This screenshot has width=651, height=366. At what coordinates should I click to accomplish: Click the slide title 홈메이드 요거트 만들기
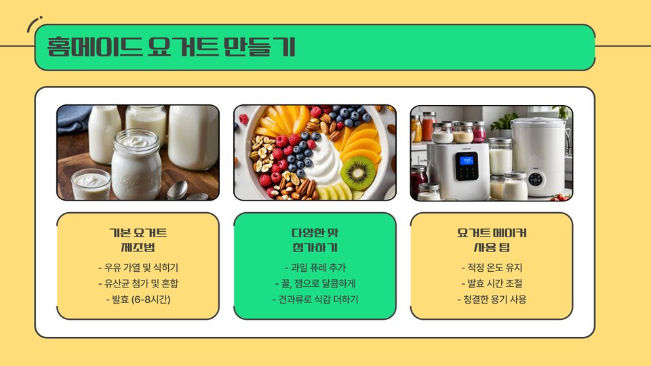tap(171, 47)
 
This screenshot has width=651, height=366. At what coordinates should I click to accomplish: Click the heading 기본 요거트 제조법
tap(138, 240)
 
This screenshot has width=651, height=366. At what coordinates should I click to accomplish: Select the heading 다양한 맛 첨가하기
tap(315, 240)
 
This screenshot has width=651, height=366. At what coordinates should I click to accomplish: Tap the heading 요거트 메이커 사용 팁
tap(492, 240)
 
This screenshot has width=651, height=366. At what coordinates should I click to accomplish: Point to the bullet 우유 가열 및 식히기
tap(138, 268)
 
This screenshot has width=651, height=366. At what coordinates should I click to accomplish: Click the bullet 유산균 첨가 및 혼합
tap(138, 283)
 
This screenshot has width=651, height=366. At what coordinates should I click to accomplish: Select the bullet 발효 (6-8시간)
tap(138, 299)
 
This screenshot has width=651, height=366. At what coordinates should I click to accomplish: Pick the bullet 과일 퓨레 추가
tap(315, 268)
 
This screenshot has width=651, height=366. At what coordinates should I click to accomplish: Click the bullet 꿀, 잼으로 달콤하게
tap(315, 283)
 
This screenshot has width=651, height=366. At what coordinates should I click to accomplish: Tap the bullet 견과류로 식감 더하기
tap(315, 299)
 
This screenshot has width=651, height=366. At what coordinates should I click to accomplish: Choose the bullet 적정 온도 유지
tap(492, 268)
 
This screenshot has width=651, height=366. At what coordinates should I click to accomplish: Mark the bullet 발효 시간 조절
tap(492, 283)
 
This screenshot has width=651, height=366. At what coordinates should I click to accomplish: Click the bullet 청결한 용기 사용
tap(492, 299)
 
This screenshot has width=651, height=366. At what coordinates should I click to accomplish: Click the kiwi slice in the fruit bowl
tap(358, 173)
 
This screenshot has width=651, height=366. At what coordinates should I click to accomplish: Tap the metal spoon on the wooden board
tap(177, 190)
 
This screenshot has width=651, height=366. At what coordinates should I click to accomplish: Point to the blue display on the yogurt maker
tap(467, 160)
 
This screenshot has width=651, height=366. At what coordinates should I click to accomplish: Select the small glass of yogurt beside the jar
tap(91, 184)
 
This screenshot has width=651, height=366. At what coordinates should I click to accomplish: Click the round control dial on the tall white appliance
tap(536, 179)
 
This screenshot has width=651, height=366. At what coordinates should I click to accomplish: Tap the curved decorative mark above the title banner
tap(33, 23)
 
